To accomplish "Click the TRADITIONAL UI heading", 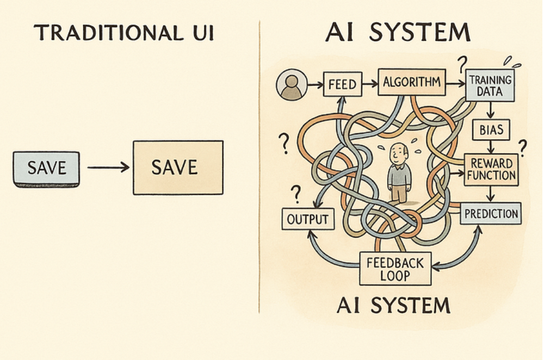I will [124, 33].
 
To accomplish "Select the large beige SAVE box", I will [178, 167].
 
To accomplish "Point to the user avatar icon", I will [290, 86].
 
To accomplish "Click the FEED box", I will [342, 85].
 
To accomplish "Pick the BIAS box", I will [491, 130].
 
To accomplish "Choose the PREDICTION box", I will [491, 213].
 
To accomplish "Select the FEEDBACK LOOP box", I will [395, 268].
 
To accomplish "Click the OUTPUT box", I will [307, 219].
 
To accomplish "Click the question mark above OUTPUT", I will [296, 193].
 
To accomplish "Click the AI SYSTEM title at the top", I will [398, 33].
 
